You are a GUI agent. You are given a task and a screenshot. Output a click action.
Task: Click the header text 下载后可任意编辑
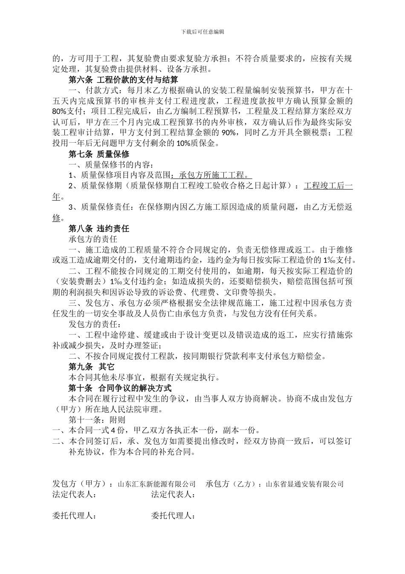(202, 32)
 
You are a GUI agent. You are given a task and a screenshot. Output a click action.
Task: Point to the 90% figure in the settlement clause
(229, 132)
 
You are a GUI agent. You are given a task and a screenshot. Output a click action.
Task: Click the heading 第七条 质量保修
(99, 154)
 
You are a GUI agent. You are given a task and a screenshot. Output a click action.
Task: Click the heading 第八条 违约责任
(99, 228)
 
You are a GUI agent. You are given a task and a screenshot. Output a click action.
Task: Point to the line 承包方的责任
(93, 239)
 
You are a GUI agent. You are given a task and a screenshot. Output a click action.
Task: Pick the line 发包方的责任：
(96, 324)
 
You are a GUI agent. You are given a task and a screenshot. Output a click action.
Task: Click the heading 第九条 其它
(92, 366)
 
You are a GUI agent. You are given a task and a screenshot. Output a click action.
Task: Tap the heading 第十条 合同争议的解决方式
(120, 388)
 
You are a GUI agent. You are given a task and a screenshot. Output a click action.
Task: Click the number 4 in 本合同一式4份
(113, 430)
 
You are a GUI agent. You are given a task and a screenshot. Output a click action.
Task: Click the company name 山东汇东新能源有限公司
(156, 484)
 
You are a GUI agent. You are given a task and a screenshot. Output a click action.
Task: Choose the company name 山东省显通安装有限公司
(305, 484)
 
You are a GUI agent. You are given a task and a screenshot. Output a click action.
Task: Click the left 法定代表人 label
(74, 495)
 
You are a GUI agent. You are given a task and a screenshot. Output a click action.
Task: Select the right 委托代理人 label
(173, 516)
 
